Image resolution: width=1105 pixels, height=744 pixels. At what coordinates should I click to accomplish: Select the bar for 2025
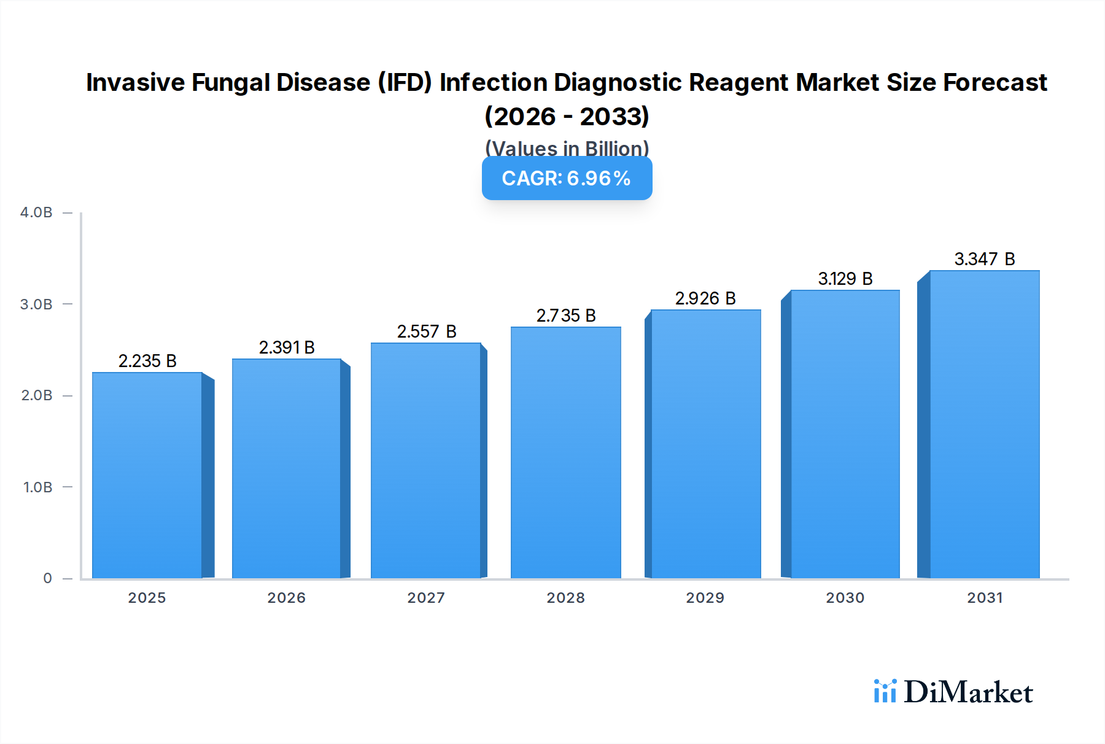pyautogui.click(x=147, y=476)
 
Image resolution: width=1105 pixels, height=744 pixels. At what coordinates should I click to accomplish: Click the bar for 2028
pyautogui.click(x=565, y=453)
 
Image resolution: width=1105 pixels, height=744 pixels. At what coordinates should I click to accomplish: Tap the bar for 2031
pyautogui.click(x=985, y=425)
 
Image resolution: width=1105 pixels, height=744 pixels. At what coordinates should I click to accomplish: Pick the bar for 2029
pyautogui.click(x=705, y=444)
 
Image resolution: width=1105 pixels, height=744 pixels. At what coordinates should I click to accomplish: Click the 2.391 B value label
pyautogui.click(x=287, y=347)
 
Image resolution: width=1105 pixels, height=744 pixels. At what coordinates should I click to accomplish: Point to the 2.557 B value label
pyautogui.click(x=427, y=331)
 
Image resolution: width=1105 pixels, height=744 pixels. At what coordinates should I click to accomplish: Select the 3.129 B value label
pyautogui.click(x=845, y=279)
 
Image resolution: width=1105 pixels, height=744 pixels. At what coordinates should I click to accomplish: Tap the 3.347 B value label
pyautogui.click(x=985, y=259)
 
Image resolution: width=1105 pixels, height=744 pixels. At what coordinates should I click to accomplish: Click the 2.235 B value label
pyautogui.click(x=147, y=361)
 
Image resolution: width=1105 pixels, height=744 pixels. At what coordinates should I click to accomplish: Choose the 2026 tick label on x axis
pyautogui.click(x=287, y=597)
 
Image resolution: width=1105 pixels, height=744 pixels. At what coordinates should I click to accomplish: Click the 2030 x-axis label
pyautogui.click(x=845, y=597)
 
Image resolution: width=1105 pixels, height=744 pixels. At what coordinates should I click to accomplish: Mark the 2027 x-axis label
pyautogui.click(x=426, y=597)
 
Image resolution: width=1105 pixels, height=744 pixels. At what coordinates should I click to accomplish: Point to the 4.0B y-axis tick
pyautogui.click(x=36, y=212)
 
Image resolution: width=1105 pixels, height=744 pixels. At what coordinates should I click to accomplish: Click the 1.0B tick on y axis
pyautogui.click(x=37, y=487)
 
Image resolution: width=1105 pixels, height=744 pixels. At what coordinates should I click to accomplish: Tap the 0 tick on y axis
pyautogui.click(x=47, y=578)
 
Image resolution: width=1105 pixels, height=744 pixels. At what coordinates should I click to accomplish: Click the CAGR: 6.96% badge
pyautogui.click(x=567, y=178)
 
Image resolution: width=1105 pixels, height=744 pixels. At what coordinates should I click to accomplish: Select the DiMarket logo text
pyautogui.click(x=968, y=692)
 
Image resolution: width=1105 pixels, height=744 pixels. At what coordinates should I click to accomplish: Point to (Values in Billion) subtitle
pyautogui.click(x=567, y=148)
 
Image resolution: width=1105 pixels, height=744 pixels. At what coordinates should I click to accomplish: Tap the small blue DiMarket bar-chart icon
pyautogui.click(x=885, y=691)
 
